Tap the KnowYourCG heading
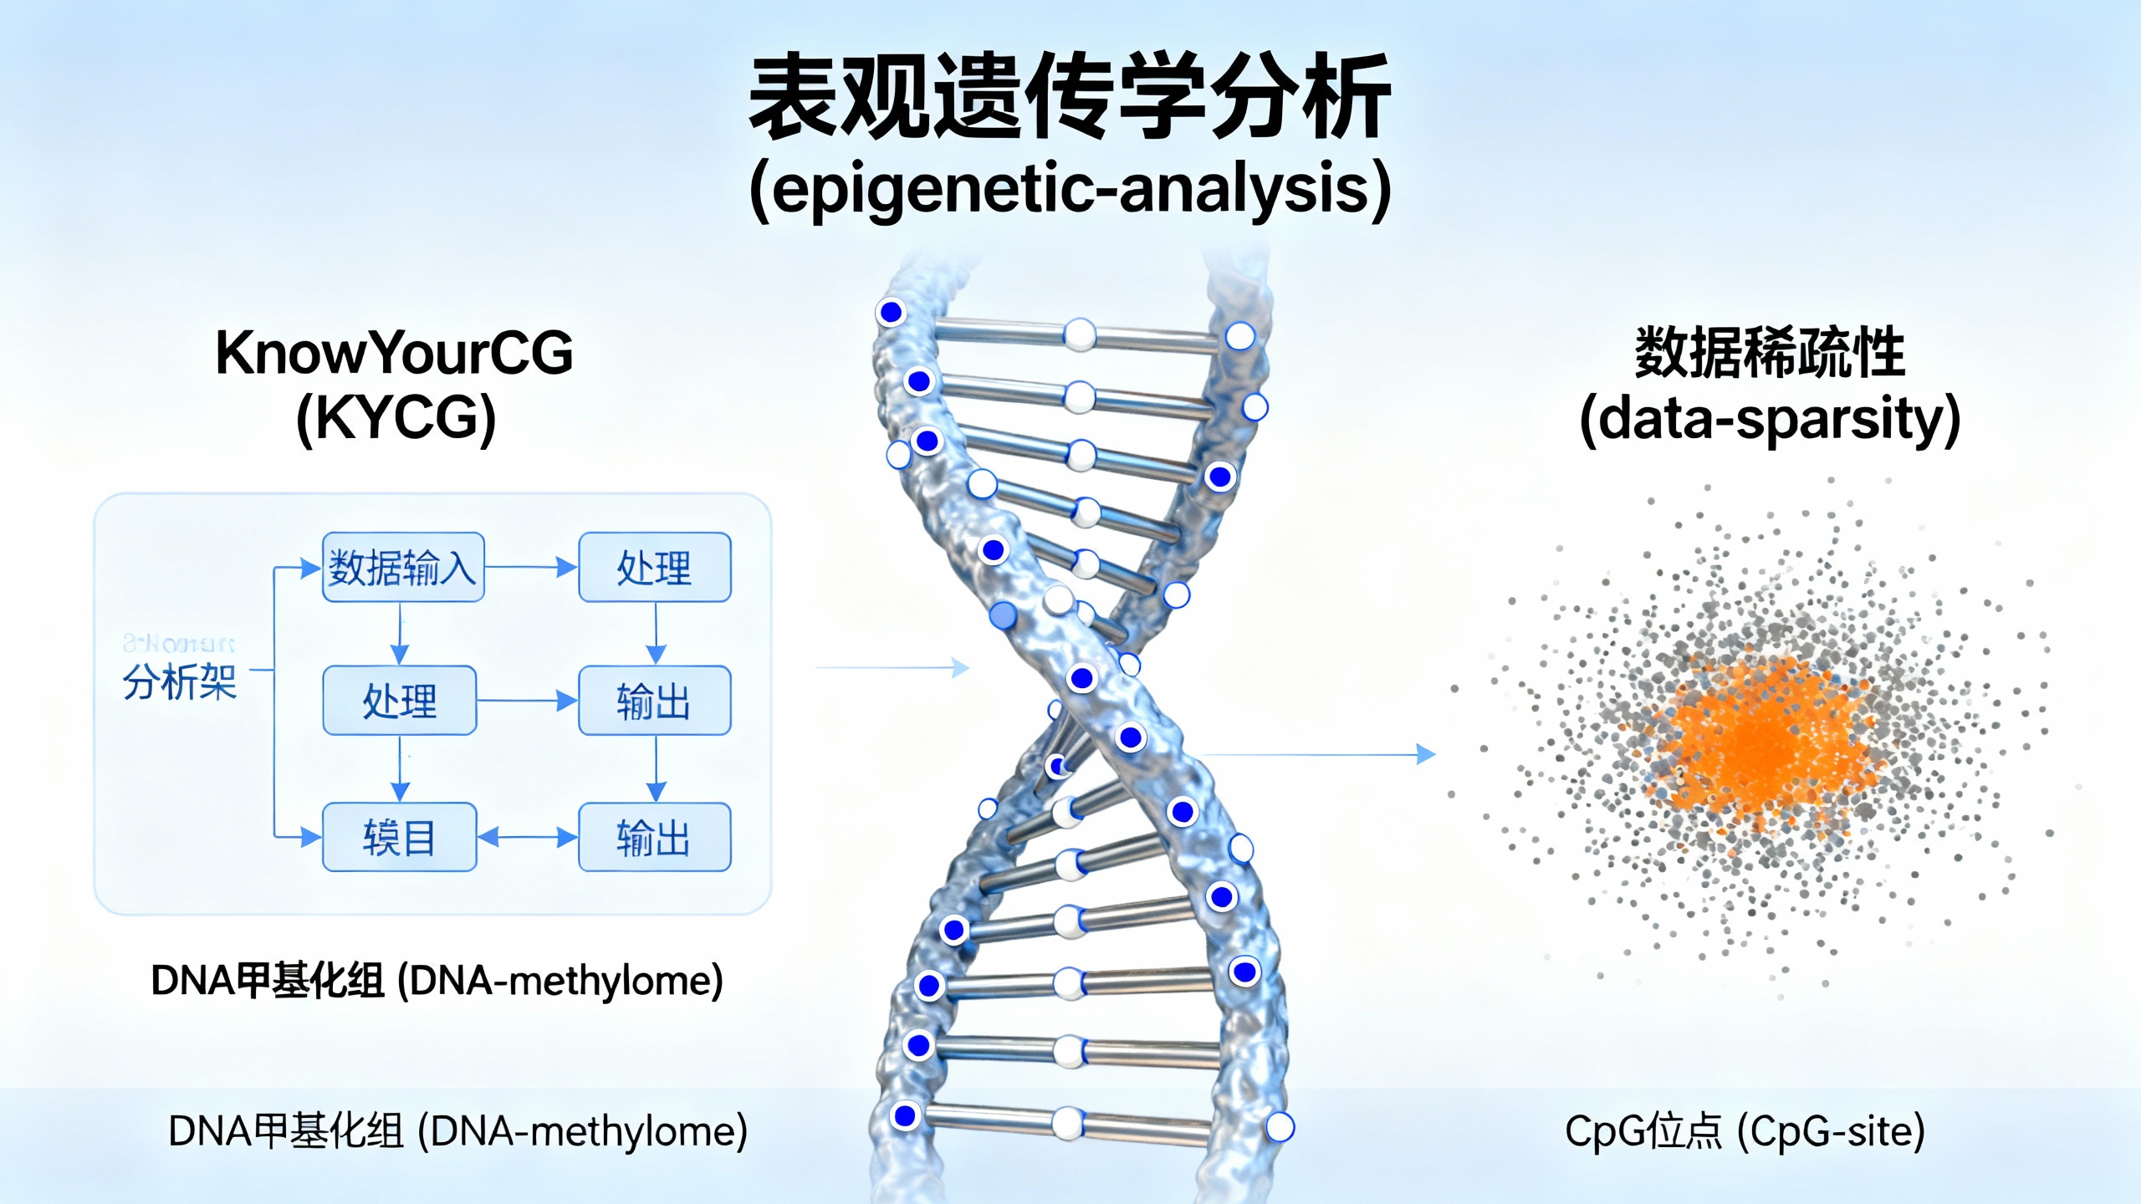[394, 353]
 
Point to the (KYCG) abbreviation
[396, 418]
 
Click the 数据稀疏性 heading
[1770, 353]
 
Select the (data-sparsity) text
[1770, 418]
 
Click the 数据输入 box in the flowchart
[403, 568]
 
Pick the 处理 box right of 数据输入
[655, 568]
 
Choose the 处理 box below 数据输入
[400, 701]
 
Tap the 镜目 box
[400, 837]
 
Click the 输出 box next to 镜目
[655, 837]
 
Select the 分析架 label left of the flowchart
[180, 681]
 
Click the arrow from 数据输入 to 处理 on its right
[531, 567]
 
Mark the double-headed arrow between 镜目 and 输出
[528, 837]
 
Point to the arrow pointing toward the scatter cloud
[1321, 755]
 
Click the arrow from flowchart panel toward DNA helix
[892, 667]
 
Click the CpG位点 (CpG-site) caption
[1745, 1131]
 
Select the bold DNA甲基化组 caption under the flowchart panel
[437, 981]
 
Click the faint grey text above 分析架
[179, 643]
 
